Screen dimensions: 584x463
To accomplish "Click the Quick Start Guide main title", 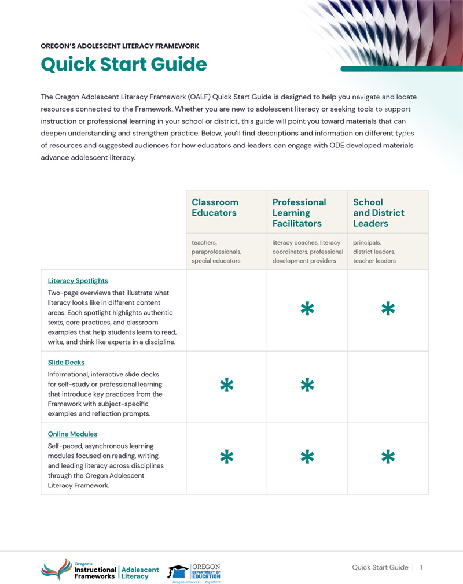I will (x=123, y=64).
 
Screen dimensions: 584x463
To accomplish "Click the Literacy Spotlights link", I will (x=78, y=281).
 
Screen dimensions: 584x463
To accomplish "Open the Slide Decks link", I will (x=66, y=363).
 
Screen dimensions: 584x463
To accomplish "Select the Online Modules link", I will (x=72, y=434).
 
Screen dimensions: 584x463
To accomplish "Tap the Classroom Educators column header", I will (x=215, y=208).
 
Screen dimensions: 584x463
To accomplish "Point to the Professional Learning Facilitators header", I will (x=299, y=213).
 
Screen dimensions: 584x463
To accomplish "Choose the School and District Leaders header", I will (x=379, y=213).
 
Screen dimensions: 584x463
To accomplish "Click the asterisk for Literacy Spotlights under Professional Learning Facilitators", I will (x=307, y=309).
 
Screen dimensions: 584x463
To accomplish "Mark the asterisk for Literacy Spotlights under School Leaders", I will (x=388, y=309).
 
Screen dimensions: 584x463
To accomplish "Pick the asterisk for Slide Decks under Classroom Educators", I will (x=227, y=386).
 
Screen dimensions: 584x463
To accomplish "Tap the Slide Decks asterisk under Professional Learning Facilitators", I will (x=307, y=386).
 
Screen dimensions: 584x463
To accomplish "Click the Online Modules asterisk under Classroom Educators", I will (x=227, y=457).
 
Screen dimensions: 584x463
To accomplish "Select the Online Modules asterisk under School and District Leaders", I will (x=388, y=457).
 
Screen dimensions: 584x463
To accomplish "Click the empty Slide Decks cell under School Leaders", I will (x=388, y=386).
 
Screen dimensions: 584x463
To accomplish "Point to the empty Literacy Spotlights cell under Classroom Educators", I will (x=226, y=310).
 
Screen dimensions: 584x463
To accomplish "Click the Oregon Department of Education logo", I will (x=194, y=572).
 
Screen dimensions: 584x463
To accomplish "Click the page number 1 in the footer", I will (x=421, y=567).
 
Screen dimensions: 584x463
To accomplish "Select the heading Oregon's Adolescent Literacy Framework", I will (x=120, y=46).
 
